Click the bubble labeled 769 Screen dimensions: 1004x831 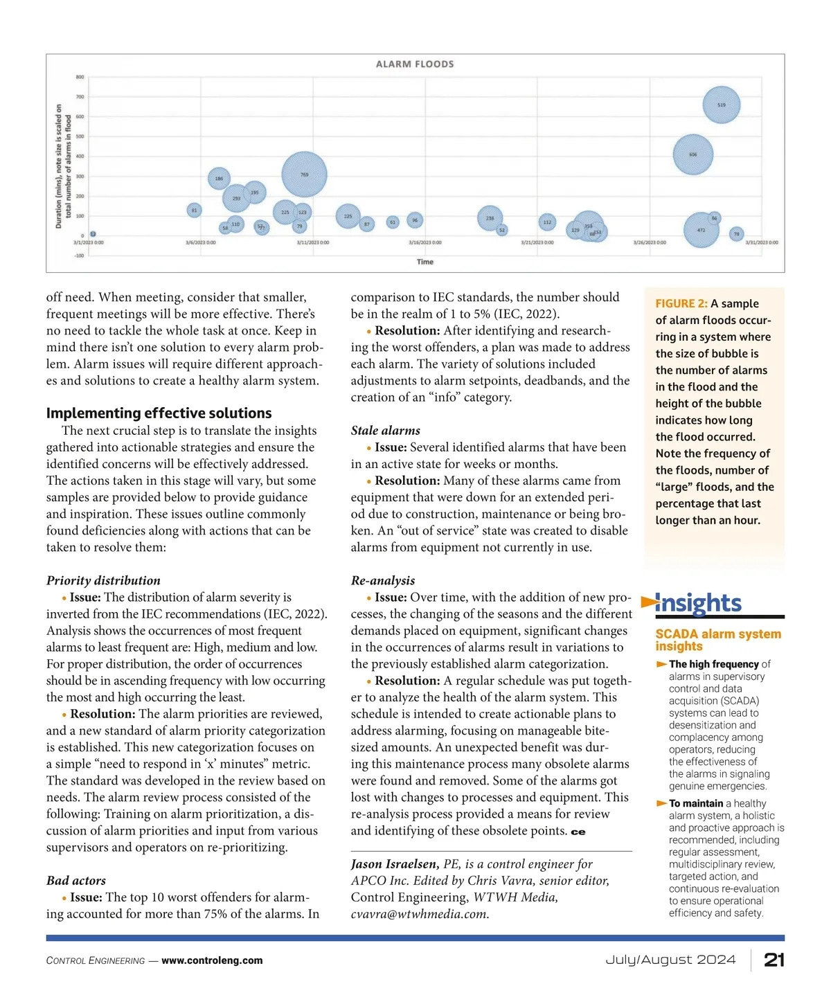point(304,174)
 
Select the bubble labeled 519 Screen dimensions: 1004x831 point(722,105)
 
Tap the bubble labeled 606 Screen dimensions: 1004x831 point(693,154)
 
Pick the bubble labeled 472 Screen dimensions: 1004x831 point(702,229)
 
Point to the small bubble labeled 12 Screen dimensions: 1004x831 point(93,235)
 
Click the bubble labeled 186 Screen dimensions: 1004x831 point(219,179)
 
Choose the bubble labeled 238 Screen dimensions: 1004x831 point(490,218)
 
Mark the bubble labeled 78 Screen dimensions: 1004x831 point(737,234)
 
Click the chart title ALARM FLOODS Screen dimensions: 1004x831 point(415,64)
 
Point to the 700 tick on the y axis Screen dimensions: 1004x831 point(80,97)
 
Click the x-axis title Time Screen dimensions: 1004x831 point(425,262)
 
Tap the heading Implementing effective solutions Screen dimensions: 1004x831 point(159,413)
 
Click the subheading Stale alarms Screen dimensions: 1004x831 point(385,431)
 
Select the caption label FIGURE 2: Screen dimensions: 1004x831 point(681,303)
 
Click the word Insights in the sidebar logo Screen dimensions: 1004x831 point(698,603)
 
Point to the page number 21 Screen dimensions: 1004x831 point(774,960)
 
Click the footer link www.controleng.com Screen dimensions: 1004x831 point(212,960)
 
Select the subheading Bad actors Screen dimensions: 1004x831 point(76,881)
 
